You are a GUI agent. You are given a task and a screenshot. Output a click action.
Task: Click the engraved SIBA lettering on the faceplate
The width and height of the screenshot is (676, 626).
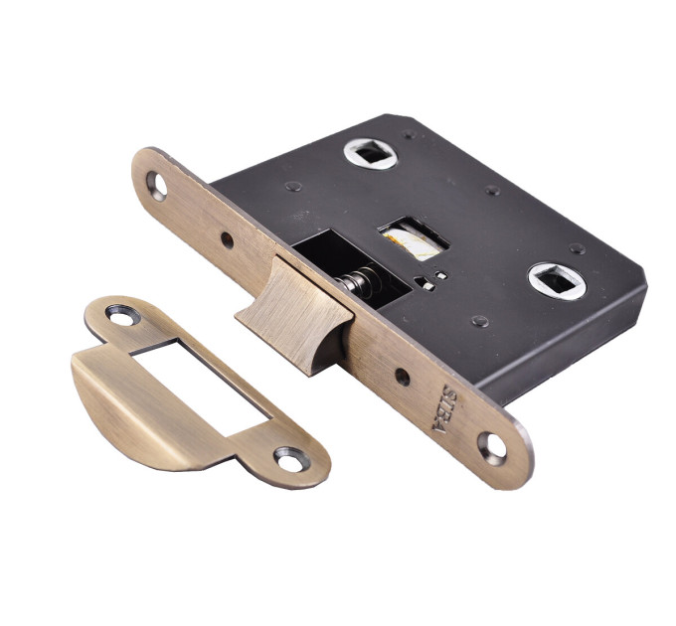443,408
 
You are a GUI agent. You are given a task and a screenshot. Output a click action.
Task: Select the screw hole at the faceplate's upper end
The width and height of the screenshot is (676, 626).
156,186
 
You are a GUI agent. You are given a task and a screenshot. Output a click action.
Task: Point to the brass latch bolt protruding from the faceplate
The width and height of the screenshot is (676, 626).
294,315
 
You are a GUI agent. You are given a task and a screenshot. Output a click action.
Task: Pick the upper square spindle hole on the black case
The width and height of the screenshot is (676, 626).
370,153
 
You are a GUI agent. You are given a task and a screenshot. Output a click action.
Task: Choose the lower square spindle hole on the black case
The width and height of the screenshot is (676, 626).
558,281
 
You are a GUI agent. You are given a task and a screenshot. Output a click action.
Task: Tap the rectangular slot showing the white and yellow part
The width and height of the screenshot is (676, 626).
414,239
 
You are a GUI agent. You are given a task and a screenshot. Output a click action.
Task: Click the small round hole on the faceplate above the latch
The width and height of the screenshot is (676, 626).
227,240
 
